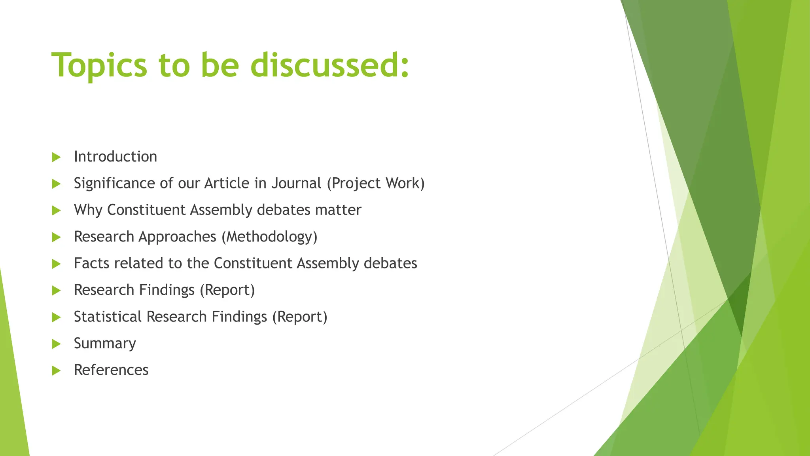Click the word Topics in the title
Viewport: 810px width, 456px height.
click(x=99, y=66)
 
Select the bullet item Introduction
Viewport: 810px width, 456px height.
click(x=115, y=157)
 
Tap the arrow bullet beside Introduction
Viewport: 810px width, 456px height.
click(x=56, y=157)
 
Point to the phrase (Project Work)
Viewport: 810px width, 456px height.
click(x=376, y=183)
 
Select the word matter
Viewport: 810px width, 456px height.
click(x=338, y=210)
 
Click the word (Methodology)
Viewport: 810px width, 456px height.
click(x=269, y=237)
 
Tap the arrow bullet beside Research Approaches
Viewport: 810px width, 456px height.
click(x=56, y=237)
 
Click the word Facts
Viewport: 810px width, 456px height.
click(x=91, y=263)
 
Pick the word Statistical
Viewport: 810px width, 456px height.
click(x=108, y=317)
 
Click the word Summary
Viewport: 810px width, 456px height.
click(x=105, y=344)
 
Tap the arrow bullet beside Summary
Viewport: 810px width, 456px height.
click(x=56, y=344)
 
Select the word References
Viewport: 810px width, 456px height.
click(x=111, y=370)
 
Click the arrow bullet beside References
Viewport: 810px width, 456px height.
click(x=56, y=371)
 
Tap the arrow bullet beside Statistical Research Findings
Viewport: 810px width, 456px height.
click(x=56, y=317)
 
